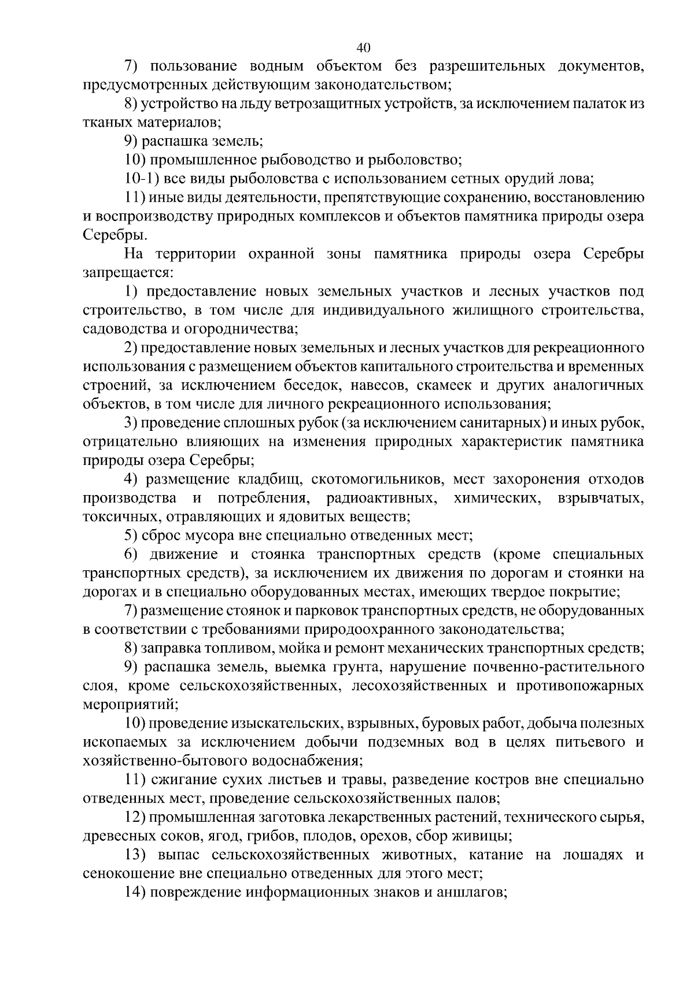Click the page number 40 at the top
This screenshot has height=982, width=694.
pyautogui.click(x=364, y=47)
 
